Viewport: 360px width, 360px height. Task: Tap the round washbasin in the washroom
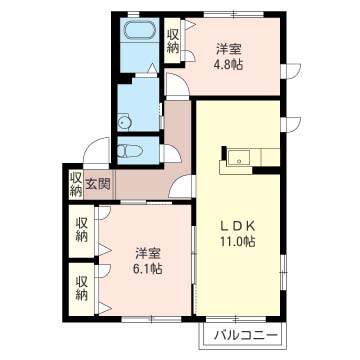[x=125, y=122]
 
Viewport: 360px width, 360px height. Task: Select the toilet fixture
[x=130, y=152]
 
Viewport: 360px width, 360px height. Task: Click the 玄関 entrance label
[x=99, y=184]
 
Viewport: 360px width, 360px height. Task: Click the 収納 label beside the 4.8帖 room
[x=173, y=41]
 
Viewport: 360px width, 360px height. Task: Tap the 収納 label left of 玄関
[x=76, y=184]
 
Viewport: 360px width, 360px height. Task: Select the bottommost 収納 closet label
[x=82, y=288]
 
